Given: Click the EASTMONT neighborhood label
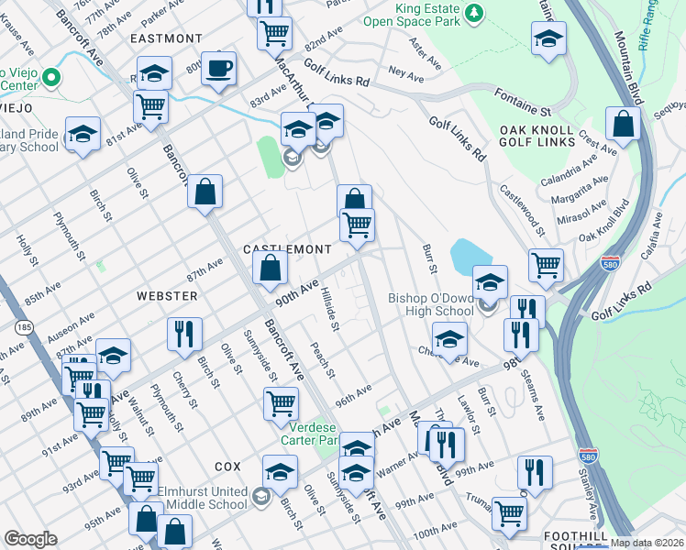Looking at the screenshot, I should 166,38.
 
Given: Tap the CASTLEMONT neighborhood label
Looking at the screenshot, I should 286,249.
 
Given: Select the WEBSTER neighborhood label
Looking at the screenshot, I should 167,296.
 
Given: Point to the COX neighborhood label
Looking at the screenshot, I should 227,466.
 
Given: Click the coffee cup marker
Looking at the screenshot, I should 218,69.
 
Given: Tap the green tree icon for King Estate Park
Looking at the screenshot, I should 473,13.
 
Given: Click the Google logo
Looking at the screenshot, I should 30,539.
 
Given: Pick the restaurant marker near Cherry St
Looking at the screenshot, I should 184,335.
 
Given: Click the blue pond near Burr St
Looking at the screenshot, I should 470,254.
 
